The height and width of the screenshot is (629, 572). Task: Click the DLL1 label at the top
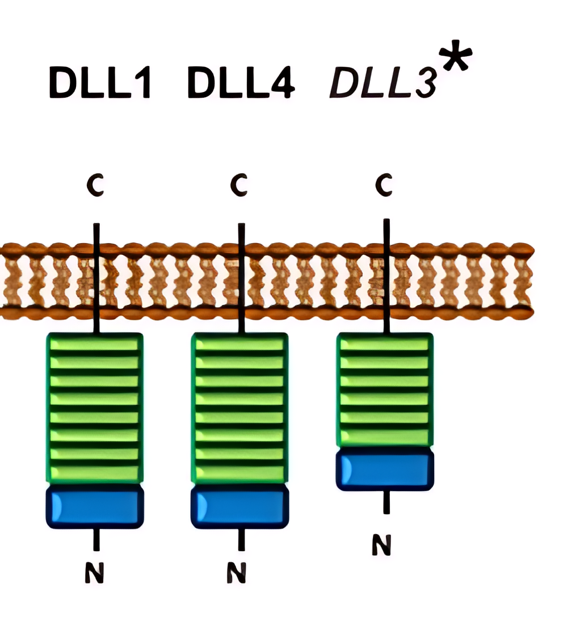coord(100,83)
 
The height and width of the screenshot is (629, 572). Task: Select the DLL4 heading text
coord(241,83)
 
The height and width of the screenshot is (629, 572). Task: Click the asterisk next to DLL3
coord(456,61)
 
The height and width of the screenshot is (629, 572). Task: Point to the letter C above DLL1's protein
coord(95,186)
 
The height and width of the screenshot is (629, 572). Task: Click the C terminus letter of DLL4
coord(239,186)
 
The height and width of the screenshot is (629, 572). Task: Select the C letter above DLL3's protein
coord(385,186)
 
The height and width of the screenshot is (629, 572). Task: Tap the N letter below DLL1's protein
coord(95,573)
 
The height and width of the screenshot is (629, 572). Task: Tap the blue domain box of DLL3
coord(385,468)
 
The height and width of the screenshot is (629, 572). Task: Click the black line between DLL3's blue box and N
coord(386,502)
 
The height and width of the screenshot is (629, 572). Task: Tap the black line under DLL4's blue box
coord(241,539)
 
